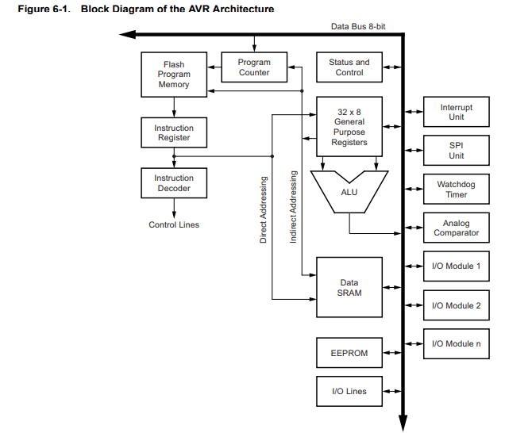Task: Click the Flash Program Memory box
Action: click(x=174, y=75)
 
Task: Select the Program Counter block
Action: click(x=254, y=67)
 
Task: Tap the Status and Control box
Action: click(x=349, y=67)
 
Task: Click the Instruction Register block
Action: click(x=174, y=132)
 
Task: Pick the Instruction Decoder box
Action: click(x=174, y=182)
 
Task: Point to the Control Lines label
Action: click(x=174, y=224)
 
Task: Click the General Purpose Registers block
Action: click(x=349, y=127)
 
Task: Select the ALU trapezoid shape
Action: click(x=349, y=192)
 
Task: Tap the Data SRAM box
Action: click(x=349, y=287)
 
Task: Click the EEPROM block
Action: click(x=349, y=353)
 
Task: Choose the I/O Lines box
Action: click(x=349, y=391)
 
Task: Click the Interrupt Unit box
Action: click(x=456, y=112)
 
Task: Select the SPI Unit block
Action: click(x=456, y=151)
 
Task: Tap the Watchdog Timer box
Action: click(x=456, y=189)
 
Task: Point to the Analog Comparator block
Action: click(x=456, y=228)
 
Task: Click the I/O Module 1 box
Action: click(x=456, y=266)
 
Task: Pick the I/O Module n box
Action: click(x=456, y=343)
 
